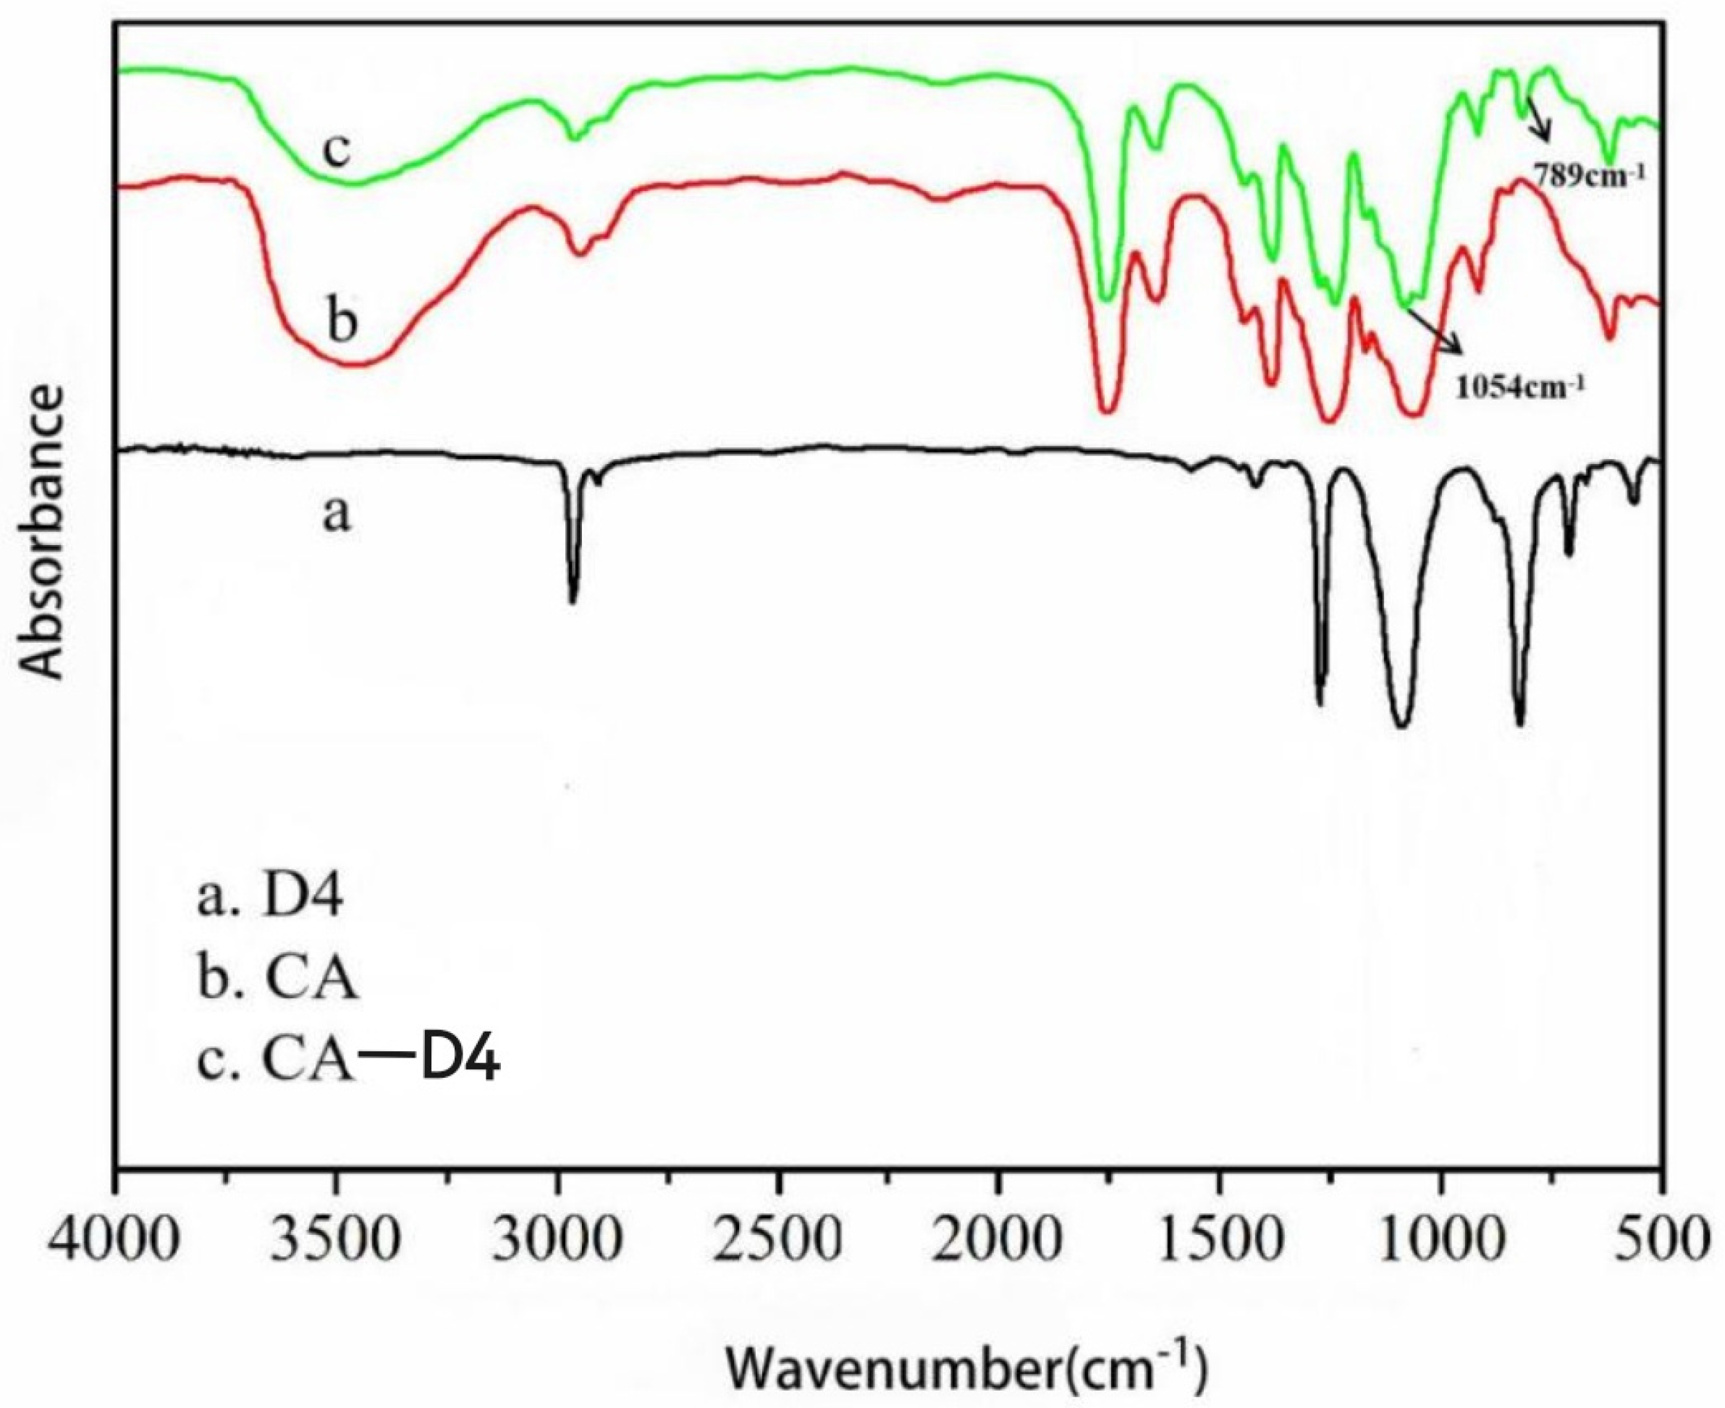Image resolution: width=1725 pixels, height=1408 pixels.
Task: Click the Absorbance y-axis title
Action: click(x=41, y=531)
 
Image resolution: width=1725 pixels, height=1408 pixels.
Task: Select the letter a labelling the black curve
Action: click(x=336, y=513)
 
